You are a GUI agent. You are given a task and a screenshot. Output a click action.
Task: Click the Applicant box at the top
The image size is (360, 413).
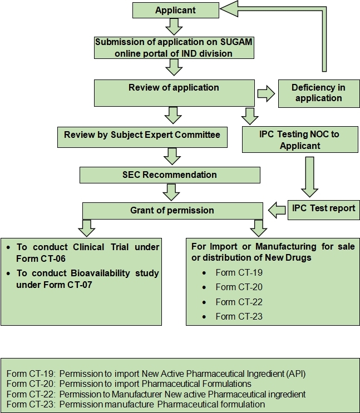[176, 10]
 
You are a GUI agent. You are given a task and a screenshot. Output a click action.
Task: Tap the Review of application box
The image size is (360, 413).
[174, 93]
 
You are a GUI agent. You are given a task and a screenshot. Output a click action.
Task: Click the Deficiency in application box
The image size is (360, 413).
[319, 93]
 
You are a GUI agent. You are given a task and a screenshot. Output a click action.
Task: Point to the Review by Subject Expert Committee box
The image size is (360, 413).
[142, 137]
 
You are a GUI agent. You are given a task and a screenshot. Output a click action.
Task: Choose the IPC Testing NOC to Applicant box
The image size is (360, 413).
[300, 140]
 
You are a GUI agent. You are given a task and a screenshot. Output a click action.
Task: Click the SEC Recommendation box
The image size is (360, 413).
[170, 175]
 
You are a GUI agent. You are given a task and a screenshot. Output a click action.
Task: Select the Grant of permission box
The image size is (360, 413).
[172, 211]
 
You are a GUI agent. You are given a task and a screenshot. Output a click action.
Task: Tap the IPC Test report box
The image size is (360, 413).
[324, 210]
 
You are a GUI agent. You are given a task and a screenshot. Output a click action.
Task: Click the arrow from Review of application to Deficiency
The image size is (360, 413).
[266, 93]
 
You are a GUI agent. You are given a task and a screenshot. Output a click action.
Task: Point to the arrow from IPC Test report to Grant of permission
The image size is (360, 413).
[277, 210]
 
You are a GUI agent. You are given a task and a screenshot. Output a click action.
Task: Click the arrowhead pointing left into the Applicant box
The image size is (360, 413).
[229, 9]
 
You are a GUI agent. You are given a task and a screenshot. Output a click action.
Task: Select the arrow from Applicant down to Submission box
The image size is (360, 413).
[174, 27]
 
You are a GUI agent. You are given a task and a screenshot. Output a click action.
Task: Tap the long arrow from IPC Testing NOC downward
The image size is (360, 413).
[309, 177]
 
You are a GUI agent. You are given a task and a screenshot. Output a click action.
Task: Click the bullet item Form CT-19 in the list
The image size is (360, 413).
[239, 272]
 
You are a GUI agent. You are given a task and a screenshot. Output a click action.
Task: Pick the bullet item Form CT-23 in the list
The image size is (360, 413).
[239, 316]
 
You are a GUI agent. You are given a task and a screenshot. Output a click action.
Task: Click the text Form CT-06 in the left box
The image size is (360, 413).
[41, 258]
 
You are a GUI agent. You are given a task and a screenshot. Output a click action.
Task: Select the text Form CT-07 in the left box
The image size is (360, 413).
[68, 285]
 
